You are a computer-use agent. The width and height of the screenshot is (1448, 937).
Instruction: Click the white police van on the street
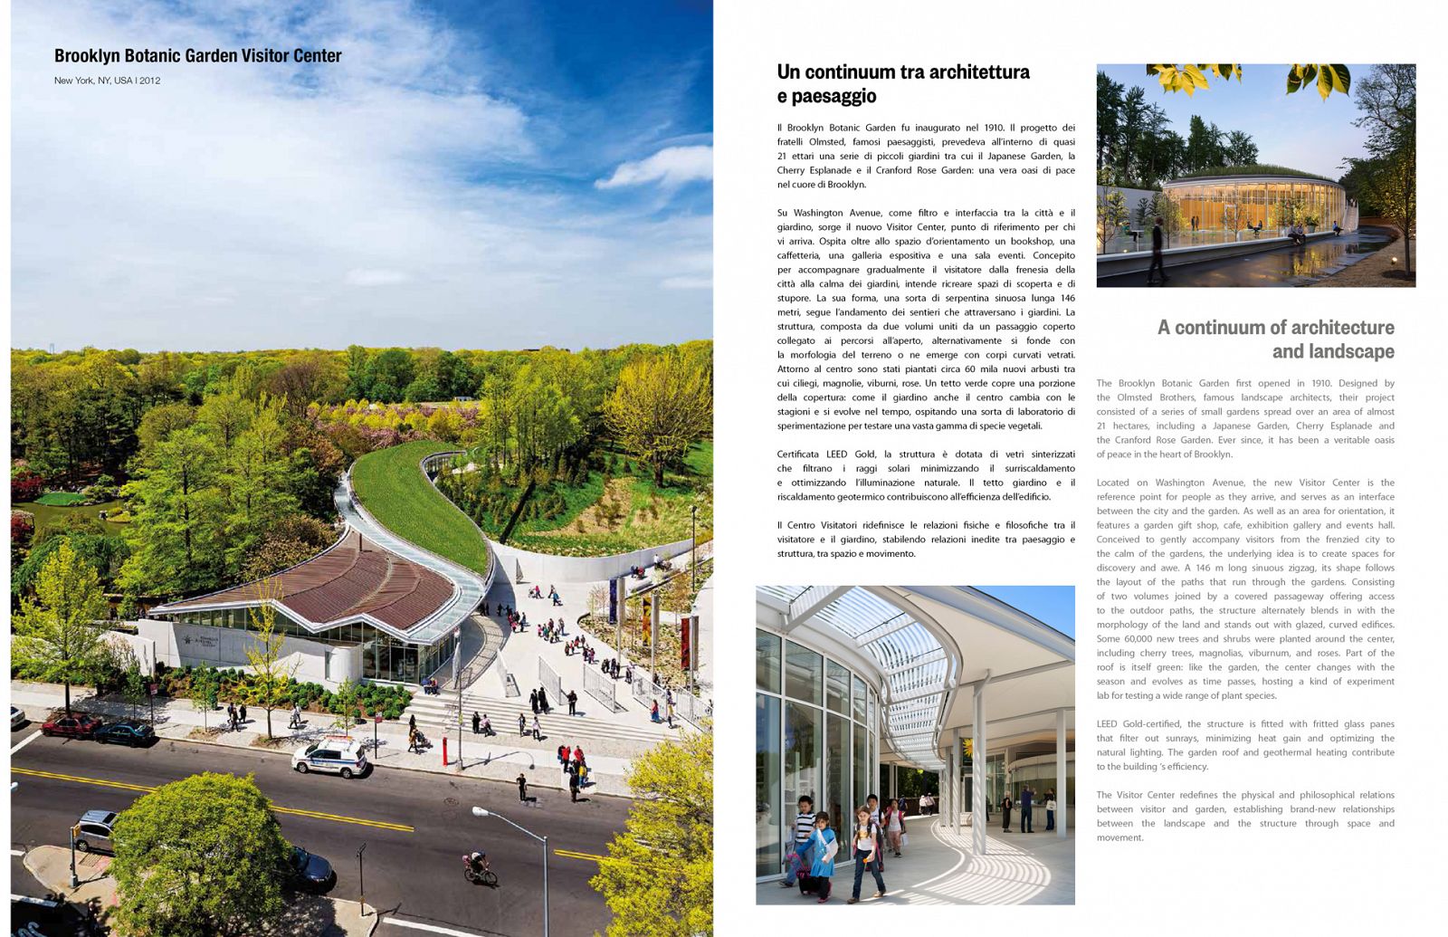(x=330, y=756)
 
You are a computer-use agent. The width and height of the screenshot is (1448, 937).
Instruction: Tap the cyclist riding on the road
(x=479, y=866)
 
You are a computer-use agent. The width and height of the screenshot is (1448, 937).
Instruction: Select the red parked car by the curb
(x=69, y=725)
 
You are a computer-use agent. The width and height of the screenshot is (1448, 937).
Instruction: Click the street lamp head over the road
(x=480, y=812)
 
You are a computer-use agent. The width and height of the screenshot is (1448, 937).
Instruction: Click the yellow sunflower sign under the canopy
(x=967, y=748)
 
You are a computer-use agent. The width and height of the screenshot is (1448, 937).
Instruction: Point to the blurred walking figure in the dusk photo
(x=1156, y=249)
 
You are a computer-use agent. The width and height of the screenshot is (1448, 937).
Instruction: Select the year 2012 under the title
(x=150, y=81)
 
